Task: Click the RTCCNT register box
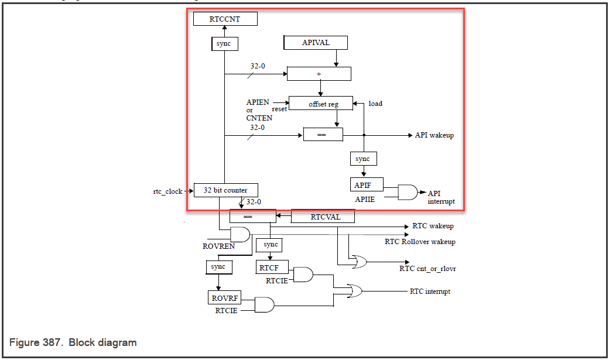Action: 225,19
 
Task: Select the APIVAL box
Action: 315,43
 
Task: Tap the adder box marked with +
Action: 319,74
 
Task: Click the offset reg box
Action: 321,104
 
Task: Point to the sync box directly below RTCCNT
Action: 224,44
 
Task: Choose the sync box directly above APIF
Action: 363,159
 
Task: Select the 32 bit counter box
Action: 225,190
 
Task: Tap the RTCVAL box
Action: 323,217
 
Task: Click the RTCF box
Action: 269,268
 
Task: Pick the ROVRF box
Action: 224,298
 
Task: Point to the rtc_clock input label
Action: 167,191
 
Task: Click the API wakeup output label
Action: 434,135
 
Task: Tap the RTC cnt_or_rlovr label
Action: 427,269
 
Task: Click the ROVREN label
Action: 218,246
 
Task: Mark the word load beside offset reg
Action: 375,104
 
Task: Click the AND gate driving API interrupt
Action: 408,192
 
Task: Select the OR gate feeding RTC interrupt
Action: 354,291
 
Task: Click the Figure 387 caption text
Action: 73,342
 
